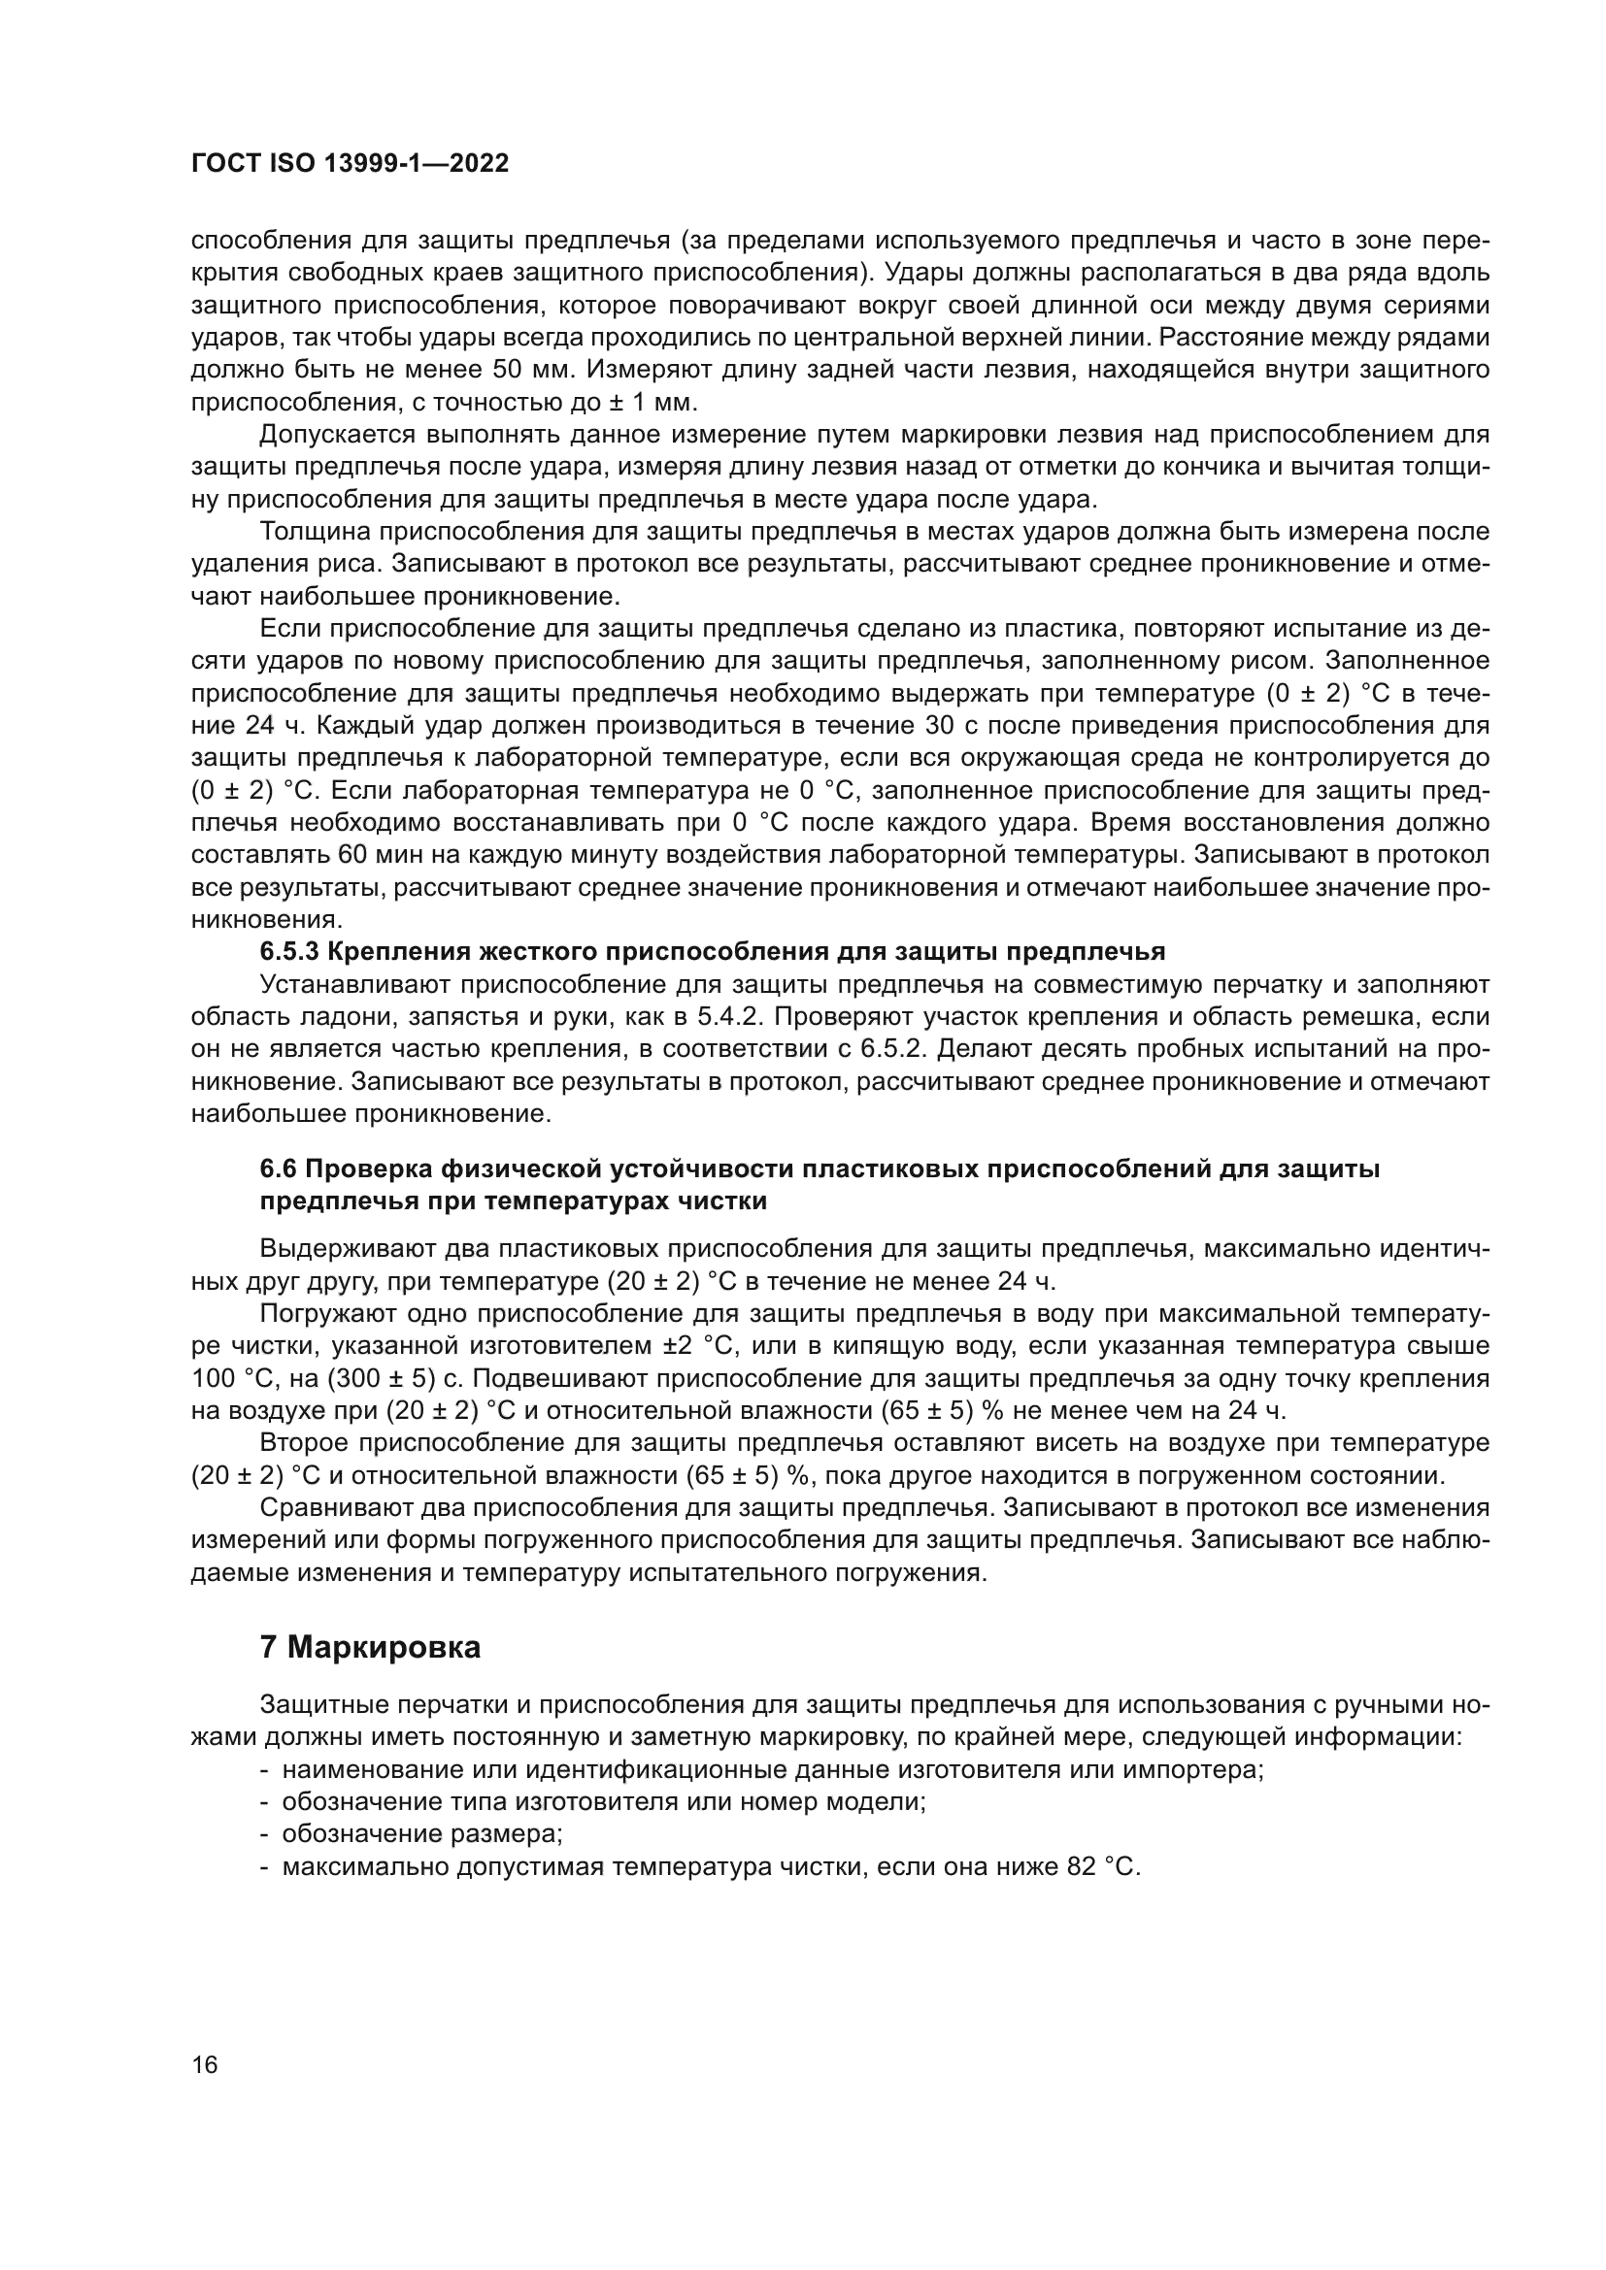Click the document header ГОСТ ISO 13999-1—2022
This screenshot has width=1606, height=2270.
point(350,164)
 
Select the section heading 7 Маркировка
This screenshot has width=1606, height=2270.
point(370,1647)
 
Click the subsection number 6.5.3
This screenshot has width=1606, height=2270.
point(288,952)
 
